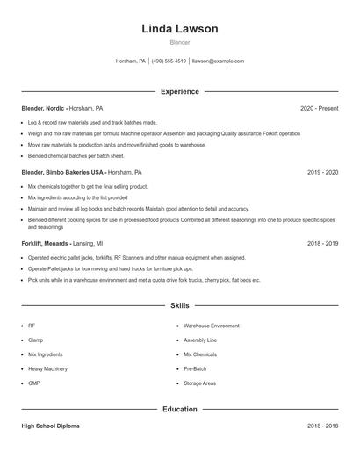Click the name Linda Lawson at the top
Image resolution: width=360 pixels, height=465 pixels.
[179, 29]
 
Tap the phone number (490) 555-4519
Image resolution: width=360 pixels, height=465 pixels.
[169, 61]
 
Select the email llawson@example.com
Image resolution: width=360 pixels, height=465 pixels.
[218, 61]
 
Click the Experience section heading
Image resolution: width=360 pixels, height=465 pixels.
[179, 91]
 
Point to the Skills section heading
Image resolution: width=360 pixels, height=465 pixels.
[179, 305]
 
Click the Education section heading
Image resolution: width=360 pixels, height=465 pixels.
[179, 409]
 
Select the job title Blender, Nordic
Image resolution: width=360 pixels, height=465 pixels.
[43, 108]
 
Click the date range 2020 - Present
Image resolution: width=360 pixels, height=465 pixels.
[319, 108]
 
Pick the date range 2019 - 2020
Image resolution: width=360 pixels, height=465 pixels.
[322, 173]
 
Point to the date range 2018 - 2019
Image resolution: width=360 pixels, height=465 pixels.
[322, 243]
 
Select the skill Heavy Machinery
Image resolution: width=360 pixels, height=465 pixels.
[47, 368]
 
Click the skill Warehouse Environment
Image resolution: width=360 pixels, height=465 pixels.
[212, 325]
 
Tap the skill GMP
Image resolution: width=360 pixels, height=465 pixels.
[34, 383]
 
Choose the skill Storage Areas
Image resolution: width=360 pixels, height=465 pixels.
[200, 383]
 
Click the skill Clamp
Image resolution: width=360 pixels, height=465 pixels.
[36, 340]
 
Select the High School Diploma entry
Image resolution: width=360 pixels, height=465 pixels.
[50, 426]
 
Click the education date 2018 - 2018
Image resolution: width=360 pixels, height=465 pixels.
[322, 426]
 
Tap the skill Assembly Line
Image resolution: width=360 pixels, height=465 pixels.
[200, 340]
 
